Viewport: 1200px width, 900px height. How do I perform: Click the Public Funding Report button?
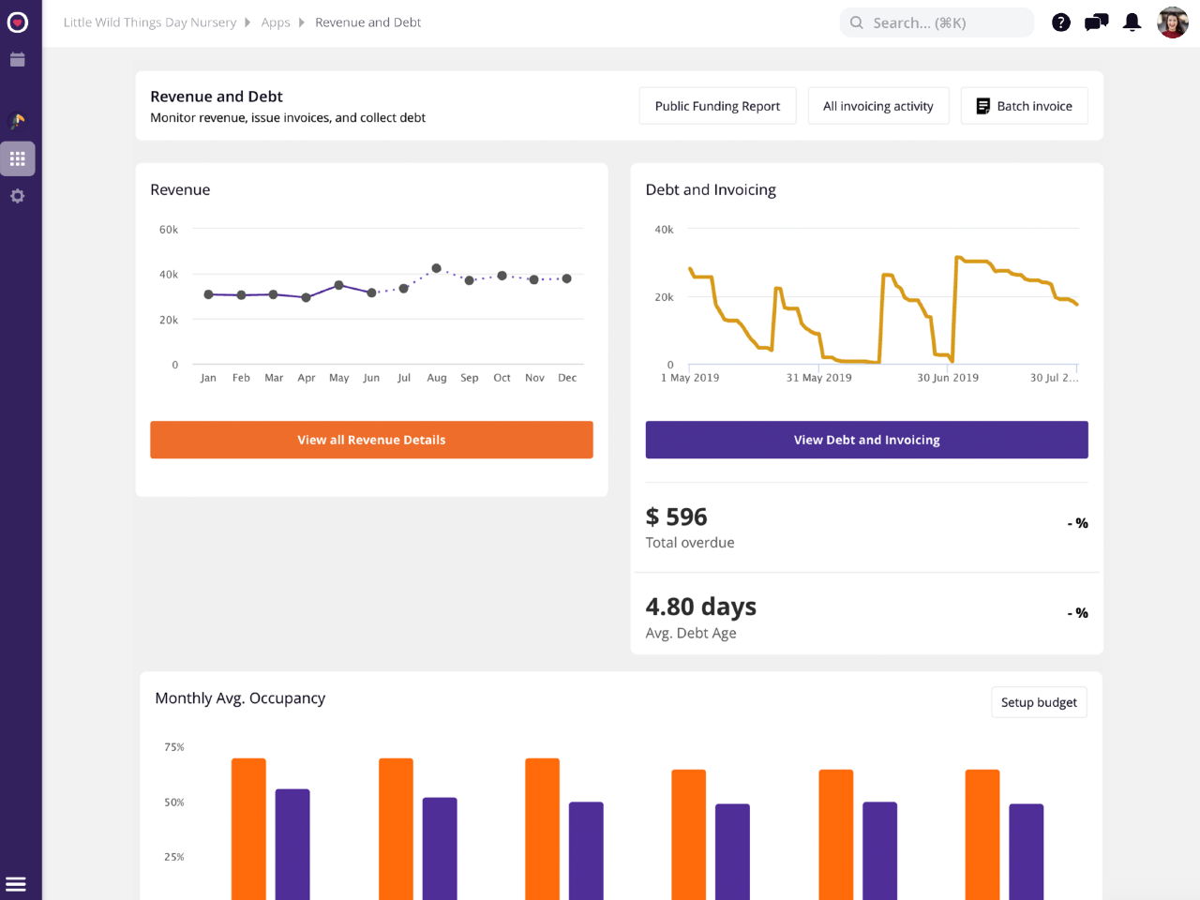click(717, 106)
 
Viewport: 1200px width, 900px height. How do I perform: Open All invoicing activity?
click(877, 106)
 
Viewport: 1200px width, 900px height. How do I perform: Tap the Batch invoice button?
click(1024, 106)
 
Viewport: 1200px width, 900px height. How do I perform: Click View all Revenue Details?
click(371, 440)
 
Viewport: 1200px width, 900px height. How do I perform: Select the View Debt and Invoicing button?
click(866, 440)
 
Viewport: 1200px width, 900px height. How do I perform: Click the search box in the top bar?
click(937, 22)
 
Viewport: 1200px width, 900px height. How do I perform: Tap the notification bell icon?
click(1132, 22)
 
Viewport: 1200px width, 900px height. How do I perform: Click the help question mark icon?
click(1061, 22)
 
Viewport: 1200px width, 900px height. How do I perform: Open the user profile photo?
click(1173, 22)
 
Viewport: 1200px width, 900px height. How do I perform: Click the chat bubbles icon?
click(1097, 22)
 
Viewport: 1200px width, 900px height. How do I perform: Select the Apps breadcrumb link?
click(276, 22)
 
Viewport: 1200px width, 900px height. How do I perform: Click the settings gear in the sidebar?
click(17, 196)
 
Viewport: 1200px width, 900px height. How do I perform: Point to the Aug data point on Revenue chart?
click(437, 268)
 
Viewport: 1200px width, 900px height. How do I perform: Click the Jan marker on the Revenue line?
click(208, 294)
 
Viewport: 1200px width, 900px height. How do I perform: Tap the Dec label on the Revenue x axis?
click(567, 378)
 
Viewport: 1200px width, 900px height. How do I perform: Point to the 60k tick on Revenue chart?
click(169, 230)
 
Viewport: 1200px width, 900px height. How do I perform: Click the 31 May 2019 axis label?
click(818, 378)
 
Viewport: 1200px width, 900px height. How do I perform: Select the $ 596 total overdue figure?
click(677, 517)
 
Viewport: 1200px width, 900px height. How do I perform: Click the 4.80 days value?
click(701, 607)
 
